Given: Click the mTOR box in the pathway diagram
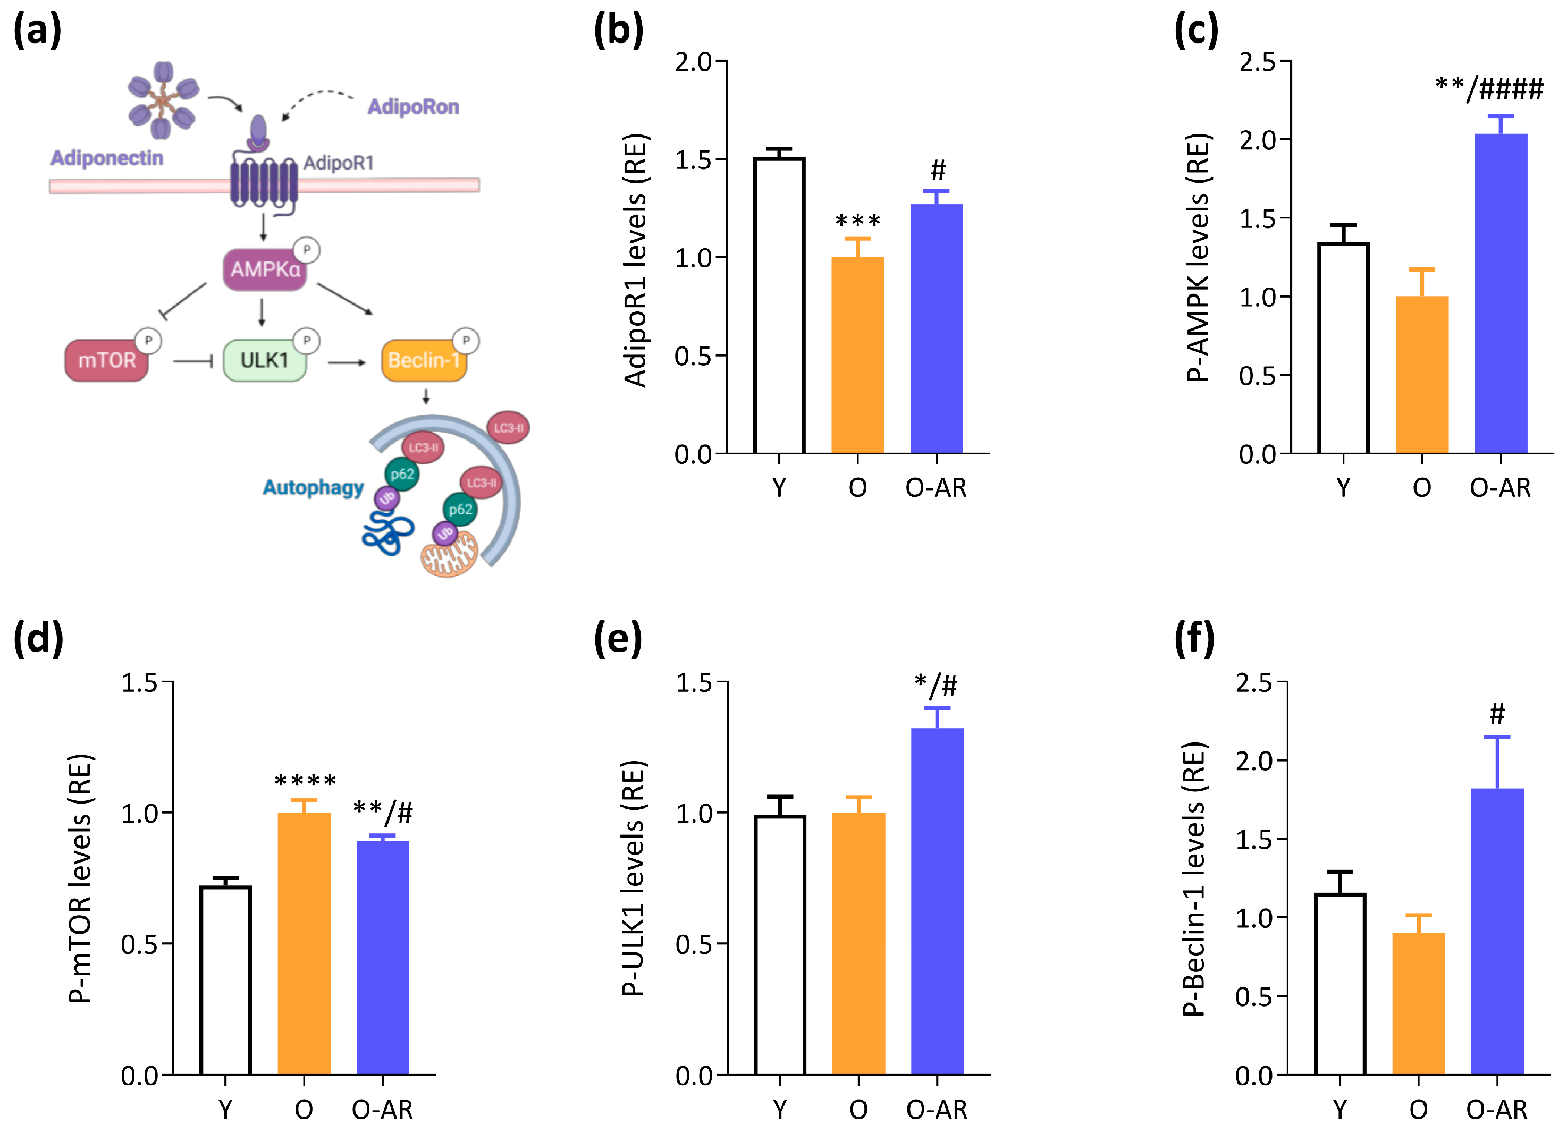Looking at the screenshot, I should click(x=106, y=360).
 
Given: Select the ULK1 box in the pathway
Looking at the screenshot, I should click(x=264, y=360).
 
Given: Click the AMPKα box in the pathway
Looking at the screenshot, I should click(x=265, y=269).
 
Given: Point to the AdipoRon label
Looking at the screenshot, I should click(x=413, y=106).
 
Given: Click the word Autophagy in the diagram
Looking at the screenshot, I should click(x=313, y=488).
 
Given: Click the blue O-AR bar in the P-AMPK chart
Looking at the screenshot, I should click(x=1501, y=293).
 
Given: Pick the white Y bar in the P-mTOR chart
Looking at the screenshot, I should click(x=225, y=980).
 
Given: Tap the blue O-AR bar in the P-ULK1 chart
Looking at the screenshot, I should click(x=937, y=901).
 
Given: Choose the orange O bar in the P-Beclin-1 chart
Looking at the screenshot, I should click(x=1419, y=1004).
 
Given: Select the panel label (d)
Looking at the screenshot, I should click(x=38, y=638).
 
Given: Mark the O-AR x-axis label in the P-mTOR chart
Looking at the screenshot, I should click(x=382, y=1110).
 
